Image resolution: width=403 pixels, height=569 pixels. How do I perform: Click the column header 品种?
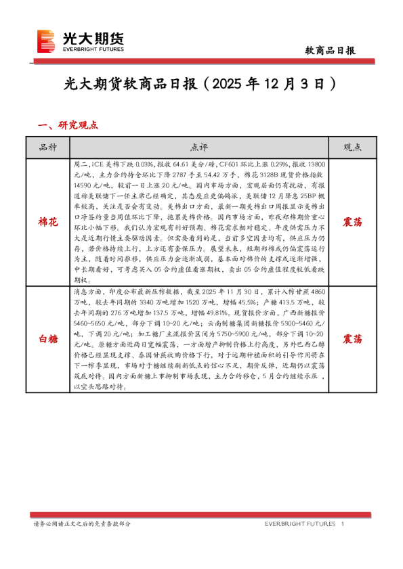48,147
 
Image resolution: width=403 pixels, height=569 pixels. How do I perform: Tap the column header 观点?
352,147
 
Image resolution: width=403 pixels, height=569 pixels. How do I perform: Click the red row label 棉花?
48,221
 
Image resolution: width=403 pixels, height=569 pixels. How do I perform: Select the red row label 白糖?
48,338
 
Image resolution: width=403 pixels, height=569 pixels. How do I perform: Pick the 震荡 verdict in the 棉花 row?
352,221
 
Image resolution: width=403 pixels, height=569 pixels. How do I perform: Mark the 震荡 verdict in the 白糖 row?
352,338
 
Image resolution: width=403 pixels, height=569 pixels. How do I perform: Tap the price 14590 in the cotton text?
84,185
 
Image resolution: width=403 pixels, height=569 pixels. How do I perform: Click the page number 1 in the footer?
343,524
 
